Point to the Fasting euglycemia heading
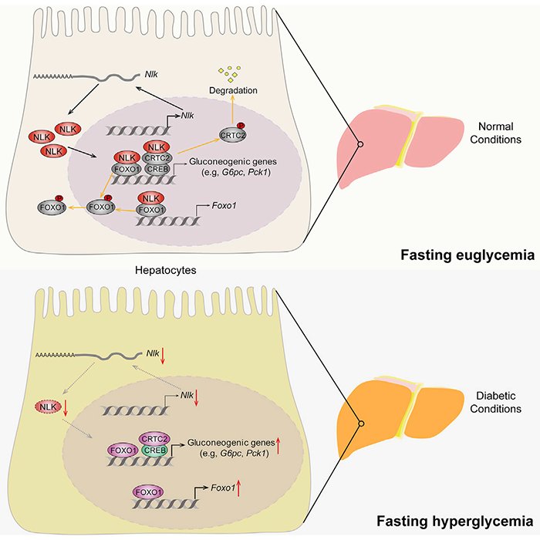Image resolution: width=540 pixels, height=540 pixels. [x=467, y=254]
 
